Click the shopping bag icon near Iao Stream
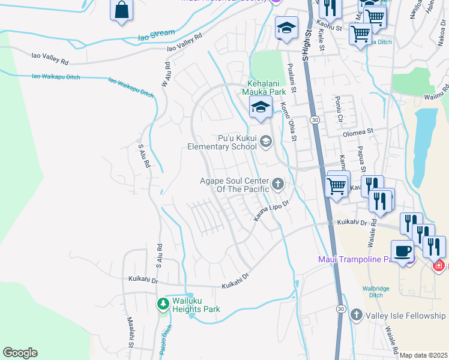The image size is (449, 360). pos(122,10)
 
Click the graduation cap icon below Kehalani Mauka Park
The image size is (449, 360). pos(260,107)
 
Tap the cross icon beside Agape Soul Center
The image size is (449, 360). pos(277,184)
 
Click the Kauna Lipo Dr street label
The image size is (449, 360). pos(271,212)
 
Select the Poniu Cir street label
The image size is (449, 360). pos(339,109)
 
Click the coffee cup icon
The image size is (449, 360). pos(401,250)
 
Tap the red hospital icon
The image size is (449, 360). pos(439,265)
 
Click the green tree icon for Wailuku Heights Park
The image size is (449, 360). pos(163,304)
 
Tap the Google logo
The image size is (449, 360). pos(20,353)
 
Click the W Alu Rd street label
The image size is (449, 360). pos(166,75)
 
